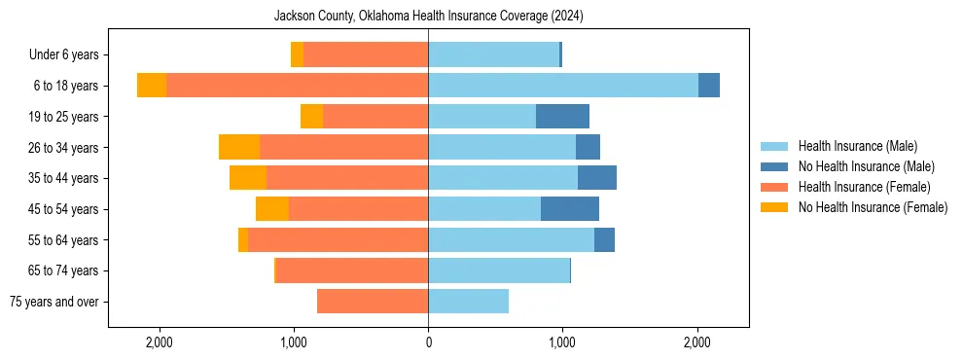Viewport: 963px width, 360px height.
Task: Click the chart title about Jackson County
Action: [x=428, y=16]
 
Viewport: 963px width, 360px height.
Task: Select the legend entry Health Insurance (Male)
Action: [x=857, y=146]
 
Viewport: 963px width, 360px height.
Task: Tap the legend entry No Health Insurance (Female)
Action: [x=873, y=207]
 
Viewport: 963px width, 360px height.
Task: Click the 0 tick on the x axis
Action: [x=428, y=342]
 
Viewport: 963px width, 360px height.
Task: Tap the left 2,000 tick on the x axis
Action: [x=159, y=342]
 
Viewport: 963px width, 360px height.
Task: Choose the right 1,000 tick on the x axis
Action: [x=562, y=342]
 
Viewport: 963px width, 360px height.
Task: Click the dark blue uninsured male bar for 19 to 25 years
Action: [x=562, y=117]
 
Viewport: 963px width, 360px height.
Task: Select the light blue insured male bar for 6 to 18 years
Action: [x=562, y=86]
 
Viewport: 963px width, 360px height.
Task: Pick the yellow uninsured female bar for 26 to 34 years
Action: [x=239, y=147]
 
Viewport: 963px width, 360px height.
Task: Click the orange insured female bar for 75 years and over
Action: [x=373, y=302]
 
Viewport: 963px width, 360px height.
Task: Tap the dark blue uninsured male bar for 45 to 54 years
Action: [x=570, y=209]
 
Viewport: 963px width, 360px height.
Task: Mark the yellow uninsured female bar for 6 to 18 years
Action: [x=152, y=86]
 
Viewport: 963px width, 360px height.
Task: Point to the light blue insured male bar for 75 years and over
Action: [x=468, y=302]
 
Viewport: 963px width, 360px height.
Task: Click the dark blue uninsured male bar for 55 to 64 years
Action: [x=604, y=239]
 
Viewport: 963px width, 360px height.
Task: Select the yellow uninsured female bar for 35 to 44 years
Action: [x=248, y=178]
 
